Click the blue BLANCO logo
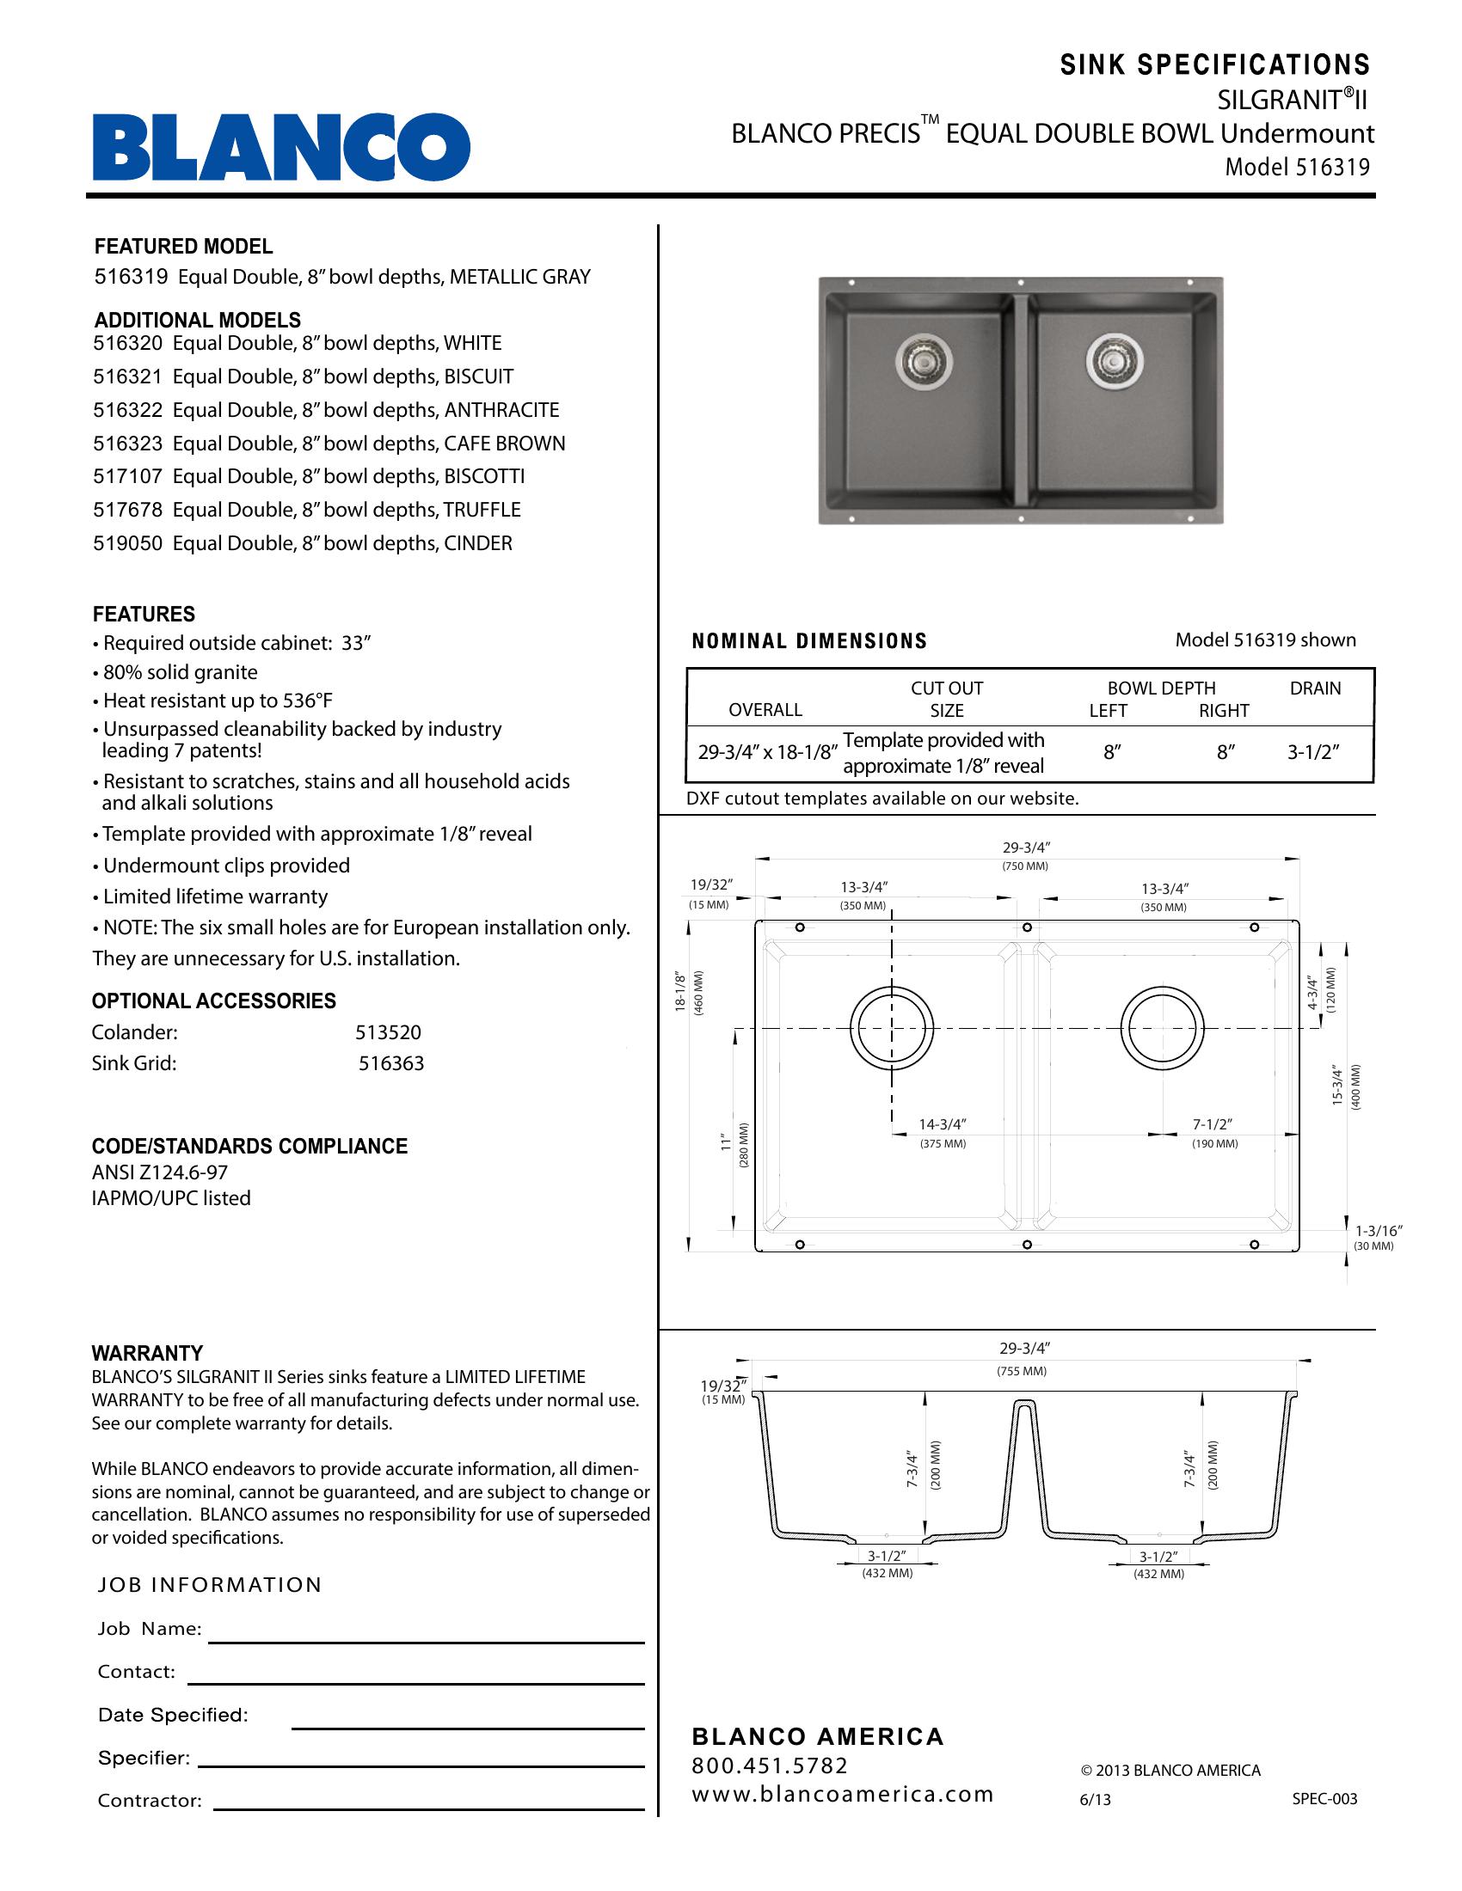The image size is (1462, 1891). [281, 146]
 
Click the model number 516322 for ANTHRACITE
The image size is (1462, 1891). [127, 409]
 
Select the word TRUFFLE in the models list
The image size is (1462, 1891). [482, 510]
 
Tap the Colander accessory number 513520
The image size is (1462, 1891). [388, 1032]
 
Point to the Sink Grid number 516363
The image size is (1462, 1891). [391, 1063]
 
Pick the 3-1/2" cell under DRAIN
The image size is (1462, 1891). [1313, 752]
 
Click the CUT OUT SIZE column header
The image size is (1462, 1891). [947, 699]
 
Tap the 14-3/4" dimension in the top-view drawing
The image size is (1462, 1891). [943, 1125]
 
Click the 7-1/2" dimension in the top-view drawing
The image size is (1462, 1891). [1213, 1125]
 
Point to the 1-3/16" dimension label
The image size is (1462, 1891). [1378, 1230]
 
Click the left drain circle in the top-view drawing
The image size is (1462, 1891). [892, 1029]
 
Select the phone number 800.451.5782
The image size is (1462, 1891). [770, 1766]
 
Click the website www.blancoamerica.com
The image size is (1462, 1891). [842, 1794]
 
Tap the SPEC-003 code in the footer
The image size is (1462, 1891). [1324, 1799]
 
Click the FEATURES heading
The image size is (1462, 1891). [144, 614]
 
